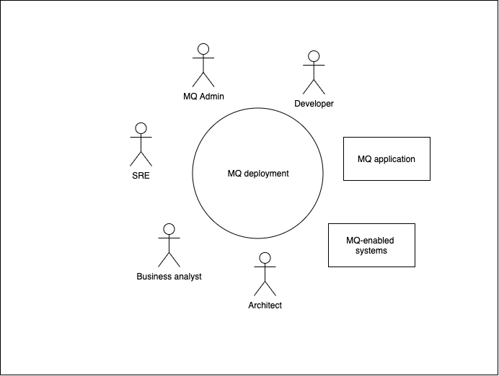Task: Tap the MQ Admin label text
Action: tap(203, 97)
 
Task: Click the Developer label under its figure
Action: tap(314, 104)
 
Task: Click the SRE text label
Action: tap(141, 176)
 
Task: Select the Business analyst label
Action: tap(169, 277)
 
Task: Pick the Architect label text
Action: tap(265, 305)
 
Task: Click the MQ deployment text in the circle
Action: tap(258, 174)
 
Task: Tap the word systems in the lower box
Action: tap(371, 251)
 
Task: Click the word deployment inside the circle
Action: tap(268, 174)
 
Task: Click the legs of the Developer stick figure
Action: tap(314, 86)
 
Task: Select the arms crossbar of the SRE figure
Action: tap(141, 138)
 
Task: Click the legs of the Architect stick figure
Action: tap(265, 289)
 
